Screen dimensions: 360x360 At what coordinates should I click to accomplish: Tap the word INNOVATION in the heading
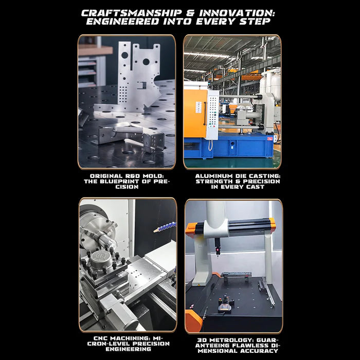(x=240, y=12)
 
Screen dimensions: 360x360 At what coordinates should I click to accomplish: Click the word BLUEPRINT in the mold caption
(x=136, y=181)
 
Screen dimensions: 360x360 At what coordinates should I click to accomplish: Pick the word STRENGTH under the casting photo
(x=213, y=181)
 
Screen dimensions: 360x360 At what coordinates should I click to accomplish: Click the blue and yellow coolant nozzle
(x=166, y=226)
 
